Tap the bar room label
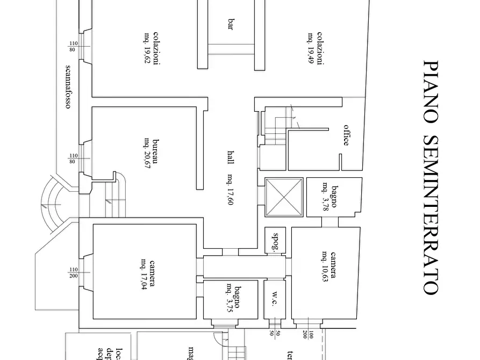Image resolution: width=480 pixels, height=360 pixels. click(x=231, y=25)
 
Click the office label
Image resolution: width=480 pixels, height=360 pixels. click(x=347, y=135)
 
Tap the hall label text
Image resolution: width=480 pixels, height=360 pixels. click(x=231, y=159)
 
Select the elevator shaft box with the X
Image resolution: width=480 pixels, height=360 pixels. click(x=284, y=197)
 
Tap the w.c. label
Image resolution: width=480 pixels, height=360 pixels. click(x=274, y=299)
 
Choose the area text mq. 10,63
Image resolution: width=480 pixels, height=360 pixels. click(x=325, y=266)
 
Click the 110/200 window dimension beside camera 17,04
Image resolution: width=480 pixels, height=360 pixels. click(x=73, y=273)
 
